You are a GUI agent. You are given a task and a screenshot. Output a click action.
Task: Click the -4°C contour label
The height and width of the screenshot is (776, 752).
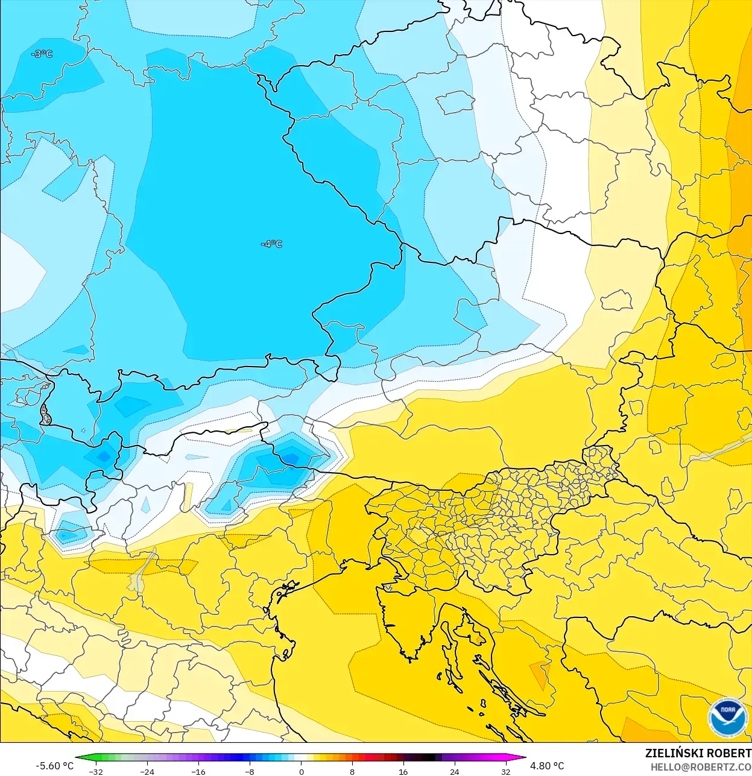(x=271, y=244)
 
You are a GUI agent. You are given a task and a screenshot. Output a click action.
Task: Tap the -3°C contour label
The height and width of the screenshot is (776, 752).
(x=42, y=54)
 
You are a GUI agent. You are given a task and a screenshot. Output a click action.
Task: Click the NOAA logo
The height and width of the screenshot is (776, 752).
(x=727, y=718)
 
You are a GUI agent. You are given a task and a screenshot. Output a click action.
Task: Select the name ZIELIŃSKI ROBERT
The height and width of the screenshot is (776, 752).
(x=698, y=753)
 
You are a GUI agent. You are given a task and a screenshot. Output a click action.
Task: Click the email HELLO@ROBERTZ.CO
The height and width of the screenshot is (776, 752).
(x=700, y=767)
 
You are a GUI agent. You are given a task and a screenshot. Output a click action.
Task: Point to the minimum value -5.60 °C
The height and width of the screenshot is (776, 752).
(x=54, y=766)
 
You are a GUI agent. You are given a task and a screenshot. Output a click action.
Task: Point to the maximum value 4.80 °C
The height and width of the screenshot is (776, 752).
(x=547, y=766)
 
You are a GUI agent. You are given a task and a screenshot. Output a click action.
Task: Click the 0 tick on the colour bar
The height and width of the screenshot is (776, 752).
(x=301, y=771)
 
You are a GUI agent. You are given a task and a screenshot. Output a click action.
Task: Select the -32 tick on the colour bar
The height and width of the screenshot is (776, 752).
(x=95, y=771)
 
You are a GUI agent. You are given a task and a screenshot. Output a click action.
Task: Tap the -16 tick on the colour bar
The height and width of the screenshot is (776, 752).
(x=198, y=771)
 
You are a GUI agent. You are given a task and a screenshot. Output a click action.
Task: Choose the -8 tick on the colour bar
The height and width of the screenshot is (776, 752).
(x=250, y=771)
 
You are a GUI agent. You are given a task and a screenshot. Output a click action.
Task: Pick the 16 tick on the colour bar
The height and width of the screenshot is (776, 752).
(x=403, y=771)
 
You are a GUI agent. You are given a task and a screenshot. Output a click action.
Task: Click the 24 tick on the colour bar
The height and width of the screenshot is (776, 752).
(x=455, y=771)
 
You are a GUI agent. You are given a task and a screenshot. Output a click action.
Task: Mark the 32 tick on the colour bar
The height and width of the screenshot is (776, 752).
(x=506, y=771)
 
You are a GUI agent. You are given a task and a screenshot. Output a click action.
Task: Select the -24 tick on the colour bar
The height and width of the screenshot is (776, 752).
(x=147, y=771)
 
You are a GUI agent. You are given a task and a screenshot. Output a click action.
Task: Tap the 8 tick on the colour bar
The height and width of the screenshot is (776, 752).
(x=352, y=771)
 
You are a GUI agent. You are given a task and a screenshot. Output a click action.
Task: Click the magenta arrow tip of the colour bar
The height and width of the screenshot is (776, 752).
(x=523, y=759)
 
